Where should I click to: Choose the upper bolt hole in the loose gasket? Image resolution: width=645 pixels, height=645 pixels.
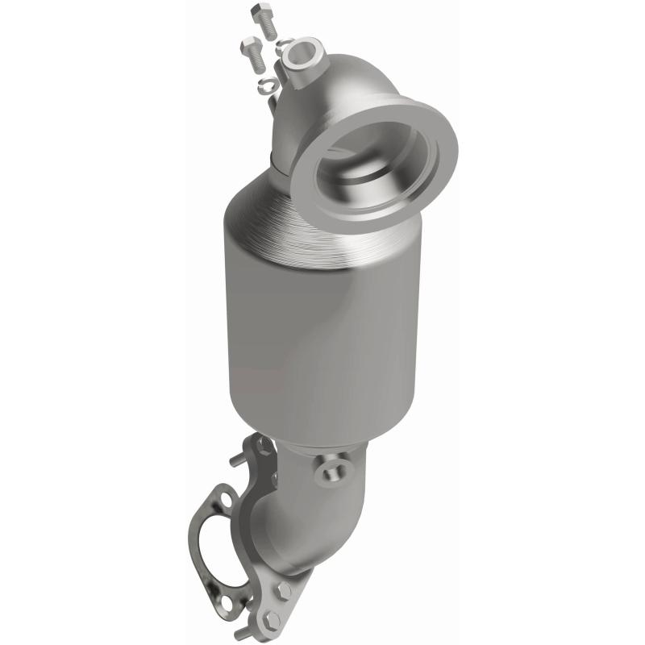tap(227, 501)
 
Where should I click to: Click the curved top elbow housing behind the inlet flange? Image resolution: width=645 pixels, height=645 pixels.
tap(339, 89)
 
